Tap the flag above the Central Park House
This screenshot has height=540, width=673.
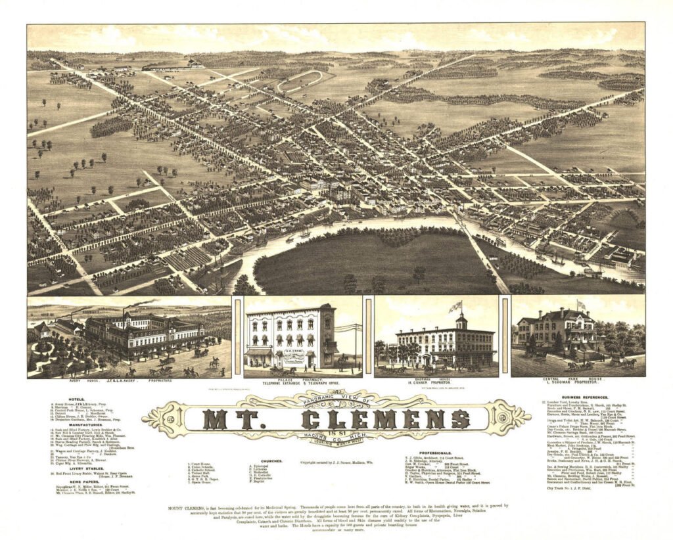pyautogui.click(x=580, y=304)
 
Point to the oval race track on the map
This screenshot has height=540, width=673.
pyautogui.click(x=299, y=82)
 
